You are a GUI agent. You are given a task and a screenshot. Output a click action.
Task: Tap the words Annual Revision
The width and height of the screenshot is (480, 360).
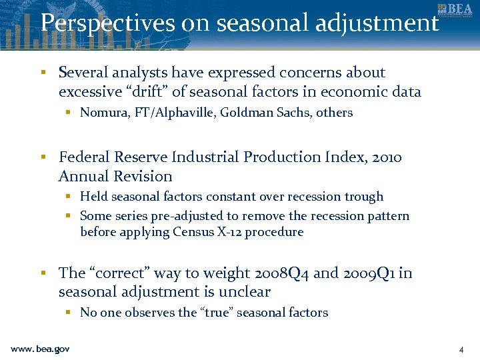tap(115, 177)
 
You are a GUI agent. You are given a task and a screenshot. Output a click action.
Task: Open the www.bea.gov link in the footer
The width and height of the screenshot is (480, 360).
tap(40, 349)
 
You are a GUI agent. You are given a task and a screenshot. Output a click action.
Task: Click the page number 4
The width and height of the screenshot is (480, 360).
tap(461, 349)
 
